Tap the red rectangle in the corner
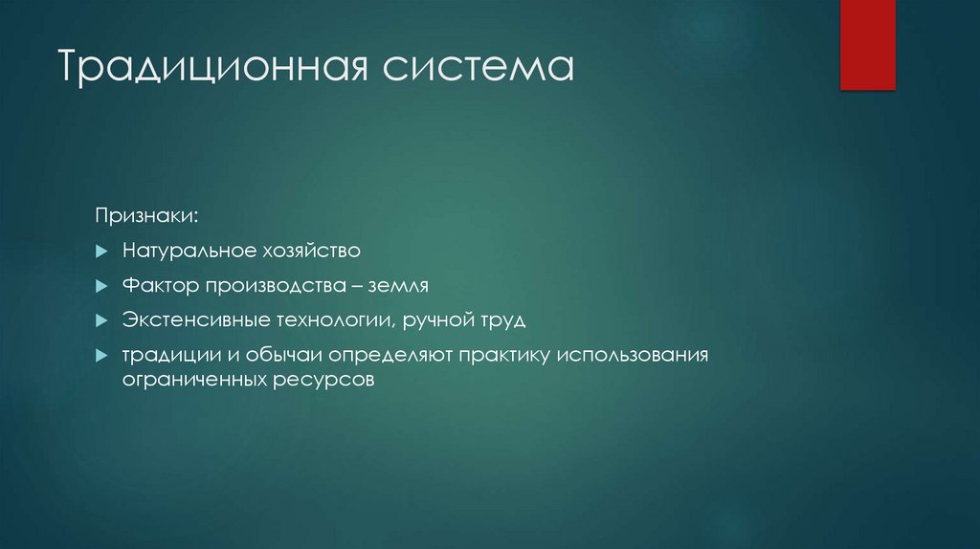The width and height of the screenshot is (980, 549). pos(867,45)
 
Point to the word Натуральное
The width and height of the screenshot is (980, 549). pos(187,252)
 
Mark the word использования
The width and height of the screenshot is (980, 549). pos(634,355)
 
